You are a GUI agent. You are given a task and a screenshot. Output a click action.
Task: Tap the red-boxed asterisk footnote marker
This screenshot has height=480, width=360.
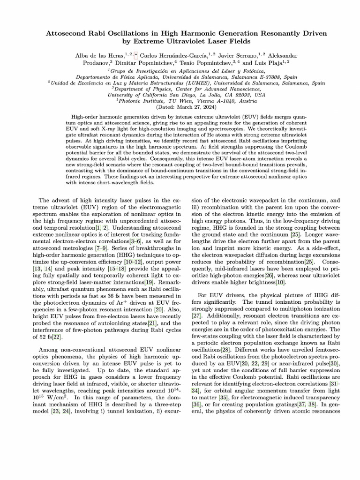tap(136, 55)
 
